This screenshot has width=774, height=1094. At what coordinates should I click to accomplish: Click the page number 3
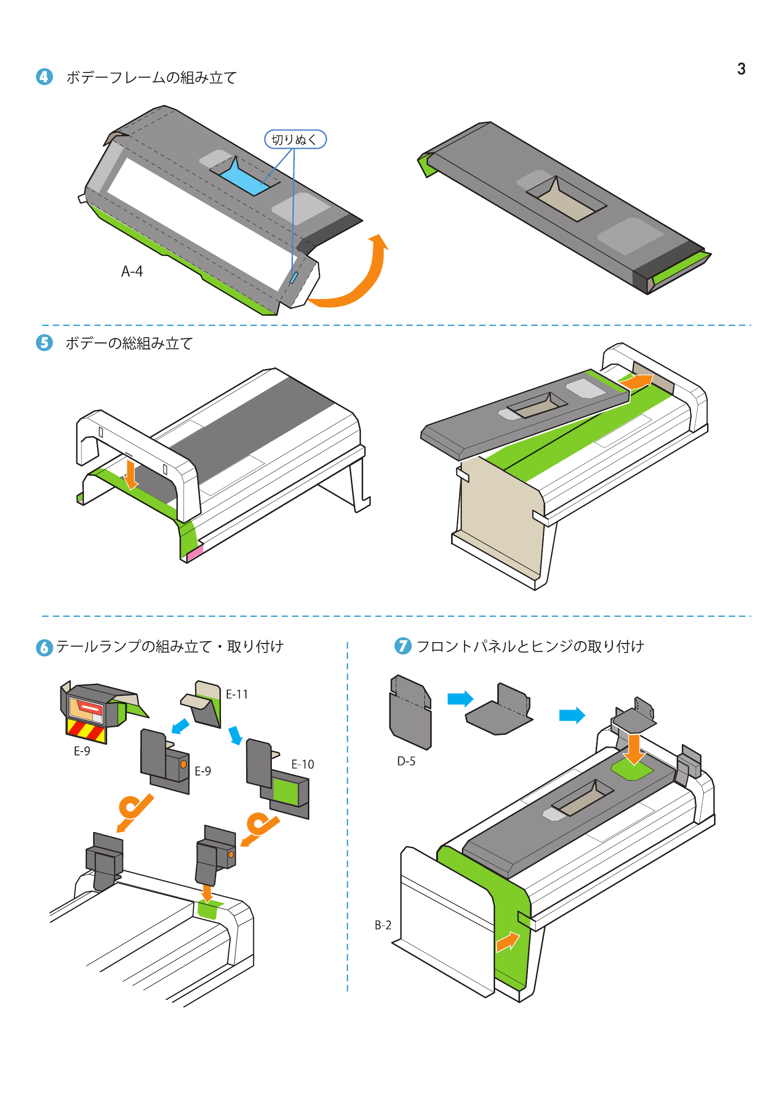point(741,69)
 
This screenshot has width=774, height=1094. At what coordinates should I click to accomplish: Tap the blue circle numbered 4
point(44,77)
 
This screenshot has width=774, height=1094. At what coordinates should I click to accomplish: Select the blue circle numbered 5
point(44,342)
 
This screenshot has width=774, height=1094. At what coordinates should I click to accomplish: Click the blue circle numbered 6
point(44,647)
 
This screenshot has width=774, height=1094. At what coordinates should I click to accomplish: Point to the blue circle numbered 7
point(403,646)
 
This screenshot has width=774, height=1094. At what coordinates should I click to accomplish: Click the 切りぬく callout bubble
point(295,139)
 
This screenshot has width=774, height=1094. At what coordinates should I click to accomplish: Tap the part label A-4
point(132,272)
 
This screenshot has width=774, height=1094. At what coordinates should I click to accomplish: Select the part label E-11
point(237,694)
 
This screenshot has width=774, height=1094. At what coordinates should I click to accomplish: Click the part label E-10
point(303,764)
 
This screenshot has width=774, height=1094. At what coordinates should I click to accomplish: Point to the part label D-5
point(406,761)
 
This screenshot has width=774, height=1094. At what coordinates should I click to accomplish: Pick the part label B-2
point(383,925)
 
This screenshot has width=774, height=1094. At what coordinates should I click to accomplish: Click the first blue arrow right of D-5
point(460,699)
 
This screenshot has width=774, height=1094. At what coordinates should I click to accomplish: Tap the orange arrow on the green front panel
point(507,942)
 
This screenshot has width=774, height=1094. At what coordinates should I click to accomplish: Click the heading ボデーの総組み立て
point(129,343)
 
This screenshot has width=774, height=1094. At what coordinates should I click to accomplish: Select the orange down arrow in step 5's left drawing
point(130,475)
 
